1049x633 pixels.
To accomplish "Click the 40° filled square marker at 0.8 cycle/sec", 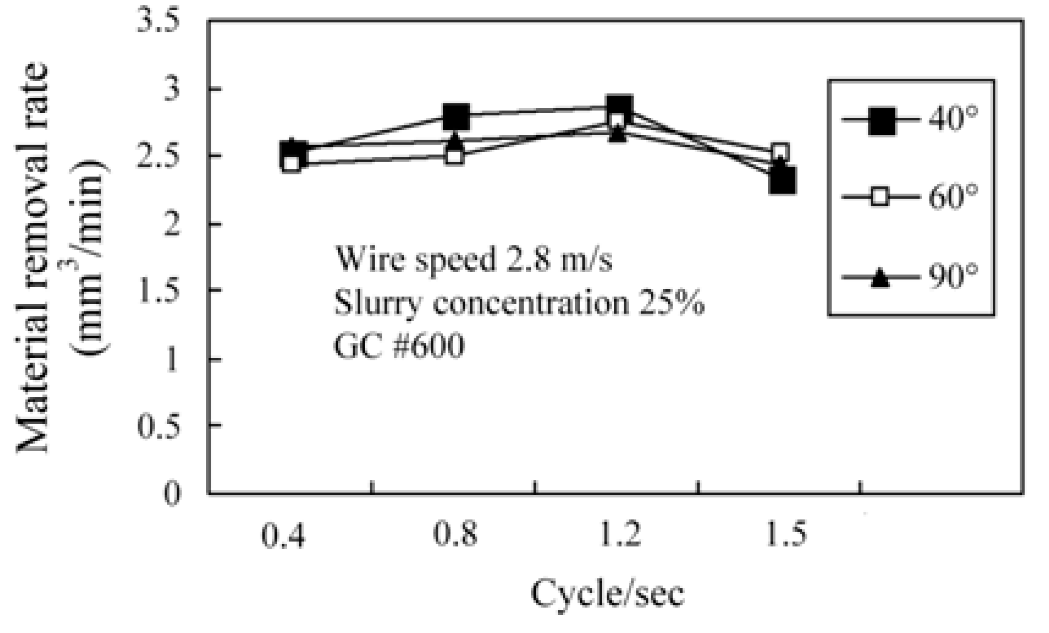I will [456, 116].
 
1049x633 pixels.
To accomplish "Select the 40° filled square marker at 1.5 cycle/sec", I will [782, 180].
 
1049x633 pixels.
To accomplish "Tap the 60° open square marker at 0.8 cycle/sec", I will [455, 156].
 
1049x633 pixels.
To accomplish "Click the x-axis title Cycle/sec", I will [607, 593].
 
